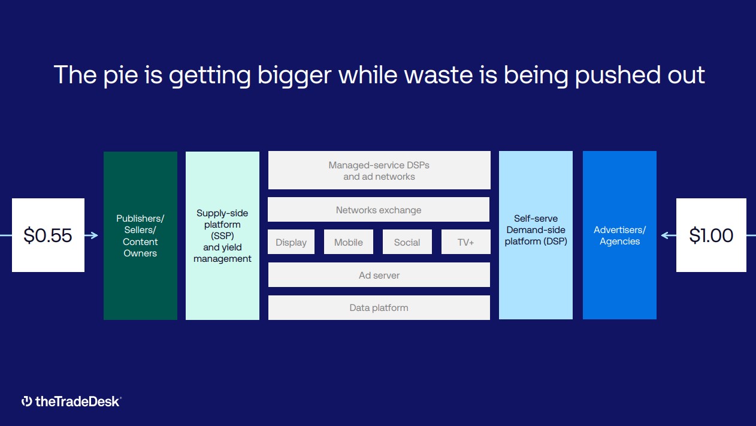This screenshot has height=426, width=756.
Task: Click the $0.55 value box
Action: [49, 235]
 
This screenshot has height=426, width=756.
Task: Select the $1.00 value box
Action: [711, 235]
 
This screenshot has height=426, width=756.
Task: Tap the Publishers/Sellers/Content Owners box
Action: [140, 235]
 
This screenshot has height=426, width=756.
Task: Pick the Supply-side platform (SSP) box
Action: [222, 235]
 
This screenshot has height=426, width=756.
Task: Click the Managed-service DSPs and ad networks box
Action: [379, 170]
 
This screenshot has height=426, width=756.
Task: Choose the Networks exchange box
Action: [379, 210]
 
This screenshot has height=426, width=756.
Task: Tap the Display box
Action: [291, 241]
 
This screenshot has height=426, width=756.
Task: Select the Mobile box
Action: [349, 241]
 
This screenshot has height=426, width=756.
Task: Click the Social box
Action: [407, 241]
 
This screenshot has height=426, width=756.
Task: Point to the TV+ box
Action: [465, 241]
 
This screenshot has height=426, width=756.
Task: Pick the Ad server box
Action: [379, 275]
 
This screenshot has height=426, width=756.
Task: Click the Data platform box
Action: [379, 307]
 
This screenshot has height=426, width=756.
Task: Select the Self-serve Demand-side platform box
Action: [536, 235]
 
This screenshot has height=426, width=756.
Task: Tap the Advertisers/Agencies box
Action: [619, 235]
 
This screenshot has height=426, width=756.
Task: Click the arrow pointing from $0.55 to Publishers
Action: [91, 235]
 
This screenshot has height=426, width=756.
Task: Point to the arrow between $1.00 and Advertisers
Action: [669, 235]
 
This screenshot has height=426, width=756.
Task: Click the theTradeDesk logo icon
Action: [27, 401]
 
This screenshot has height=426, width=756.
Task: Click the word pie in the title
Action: [121, 75]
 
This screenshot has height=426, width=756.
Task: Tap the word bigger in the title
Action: [294, 75]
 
